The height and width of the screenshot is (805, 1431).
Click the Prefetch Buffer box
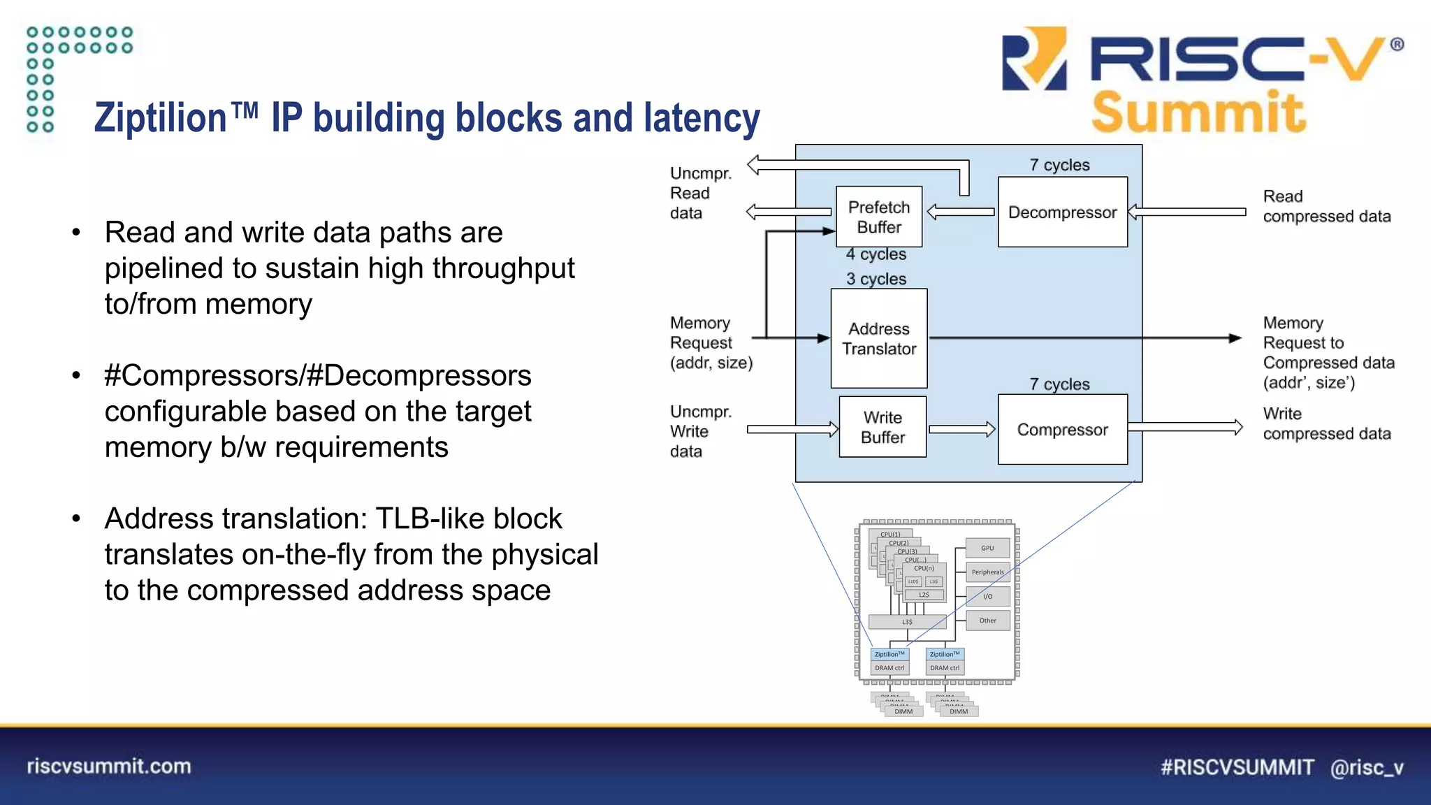point(879,217)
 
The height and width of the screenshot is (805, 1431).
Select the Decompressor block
point(1062,212)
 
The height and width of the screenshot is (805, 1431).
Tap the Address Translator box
point(879,338)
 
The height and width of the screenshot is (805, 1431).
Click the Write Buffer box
point(882,427)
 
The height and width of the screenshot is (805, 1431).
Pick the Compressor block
point(1062,430)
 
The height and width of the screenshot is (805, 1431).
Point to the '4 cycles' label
point(876,254)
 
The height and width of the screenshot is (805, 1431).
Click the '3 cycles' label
point(876,279)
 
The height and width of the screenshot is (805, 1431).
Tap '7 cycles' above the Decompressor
point(1059,165)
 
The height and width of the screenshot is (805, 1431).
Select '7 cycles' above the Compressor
point(1059,384)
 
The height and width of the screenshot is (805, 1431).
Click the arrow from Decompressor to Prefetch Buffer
point(961,212)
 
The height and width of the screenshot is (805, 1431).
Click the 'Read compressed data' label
point(1326,206)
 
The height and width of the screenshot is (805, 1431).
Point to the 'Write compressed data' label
point(1326,423)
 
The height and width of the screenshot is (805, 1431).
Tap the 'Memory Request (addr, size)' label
point(711,342)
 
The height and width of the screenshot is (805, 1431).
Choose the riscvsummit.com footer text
point(109,766)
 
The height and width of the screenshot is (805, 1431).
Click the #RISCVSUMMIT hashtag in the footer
point(1237,767)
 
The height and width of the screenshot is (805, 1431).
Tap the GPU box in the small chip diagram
point(987,548)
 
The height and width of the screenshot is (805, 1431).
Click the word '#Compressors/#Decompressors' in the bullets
point(318,375)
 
